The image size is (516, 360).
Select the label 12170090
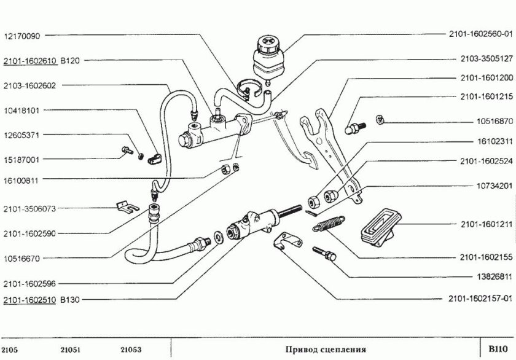[23, 36]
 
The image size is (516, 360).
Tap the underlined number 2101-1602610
[30, 61]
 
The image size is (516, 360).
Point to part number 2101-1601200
[485, 79]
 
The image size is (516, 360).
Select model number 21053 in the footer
[131, 350]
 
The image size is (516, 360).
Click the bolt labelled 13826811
[324, 252]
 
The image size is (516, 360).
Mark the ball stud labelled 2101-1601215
[354, 127]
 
